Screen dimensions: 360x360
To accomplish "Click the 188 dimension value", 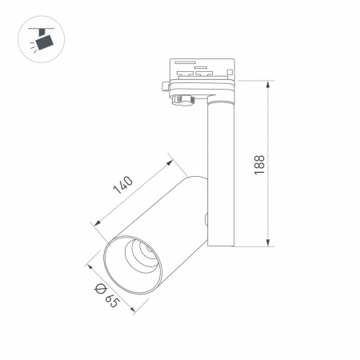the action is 259,165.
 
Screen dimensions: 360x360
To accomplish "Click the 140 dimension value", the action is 123,185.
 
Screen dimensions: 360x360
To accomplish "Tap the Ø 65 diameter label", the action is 106,295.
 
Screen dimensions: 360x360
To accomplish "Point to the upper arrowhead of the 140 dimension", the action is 170,163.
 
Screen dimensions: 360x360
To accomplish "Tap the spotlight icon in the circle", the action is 42,39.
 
